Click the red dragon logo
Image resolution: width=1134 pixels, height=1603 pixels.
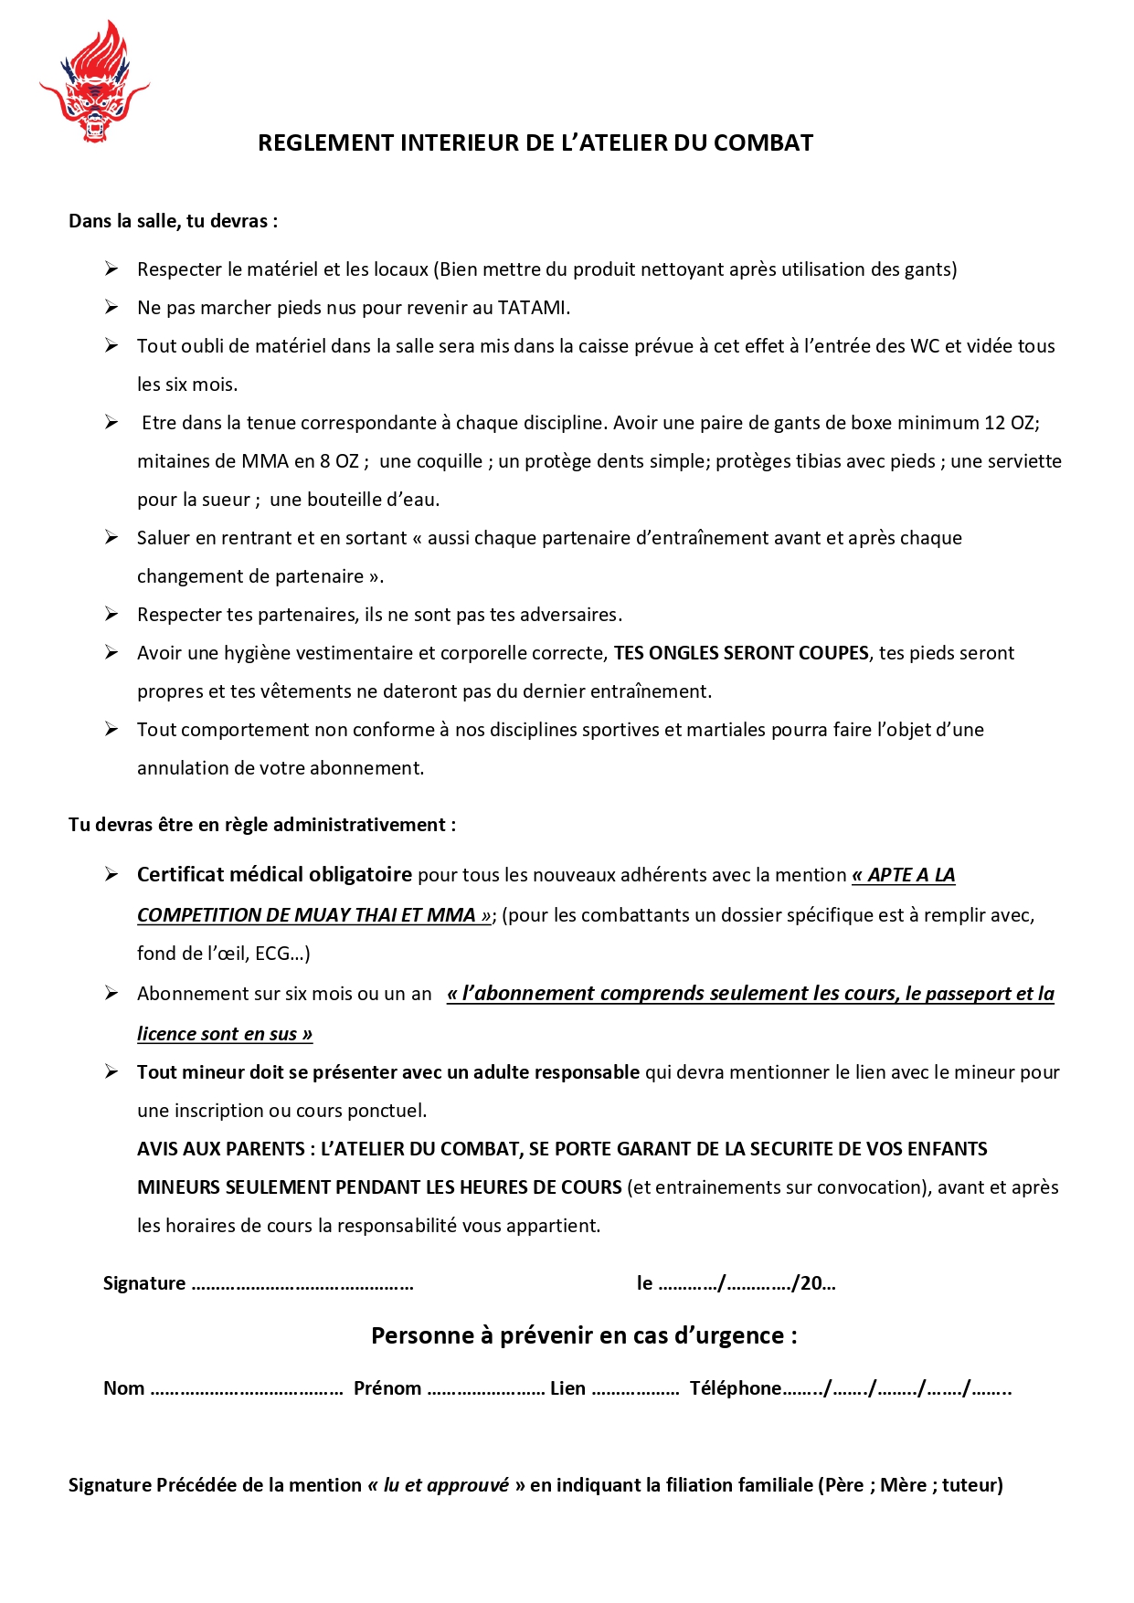click(93, 83)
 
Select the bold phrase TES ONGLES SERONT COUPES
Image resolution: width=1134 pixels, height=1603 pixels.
click(741, 653)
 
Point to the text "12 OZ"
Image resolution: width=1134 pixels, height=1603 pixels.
click(1011, 423)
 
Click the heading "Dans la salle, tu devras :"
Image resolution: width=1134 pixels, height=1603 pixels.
click(173, 221)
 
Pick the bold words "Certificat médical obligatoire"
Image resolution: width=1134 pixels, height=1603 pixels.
click(274, 875)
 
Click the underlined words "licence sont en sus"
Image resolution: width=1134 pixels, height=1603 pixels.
click(224, 1034)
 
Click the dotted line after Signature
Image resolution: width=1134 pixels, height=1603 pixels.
click(302, 1285)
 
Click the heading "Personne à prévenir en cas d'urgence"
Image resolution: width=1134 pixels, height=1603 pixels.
click(583, 1336)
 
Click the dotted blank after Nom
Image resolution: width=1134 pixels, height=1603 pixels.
click(246, 1390)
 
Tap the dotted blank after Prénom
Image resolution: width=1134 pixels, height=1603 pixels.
click(485, 1390)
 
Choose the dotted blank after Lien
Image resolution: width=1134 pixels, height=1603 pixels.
click(635, 1390)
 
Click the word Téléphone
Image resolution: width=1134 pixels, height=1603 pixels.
click(735, 1388)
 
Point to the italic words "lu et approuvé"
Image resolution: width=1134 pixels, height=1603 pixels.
click(446, 1485)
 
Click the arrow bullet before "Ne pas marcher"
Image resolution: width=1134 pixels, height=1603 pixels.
click(111, 308)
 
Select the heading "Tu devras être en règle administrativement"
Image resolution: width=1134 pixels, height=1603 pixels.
click(261, 825)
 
